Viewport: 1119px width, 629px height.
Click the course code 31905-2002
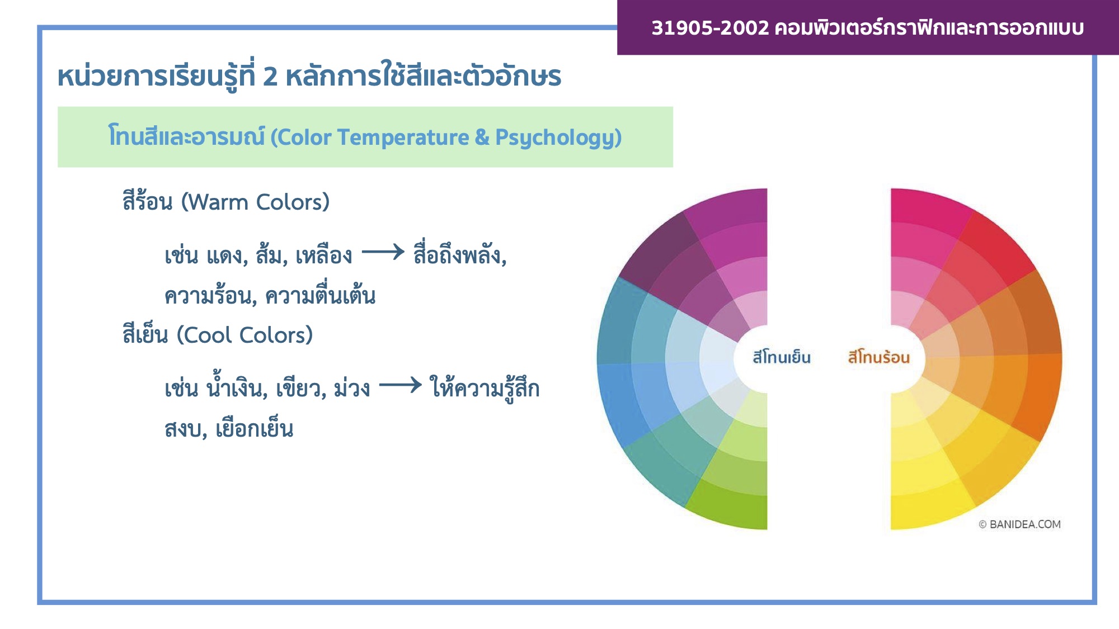710,27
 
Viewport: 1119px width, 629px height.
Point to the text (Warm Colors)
256,202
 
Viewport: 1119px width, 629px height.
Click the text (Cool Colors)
245,335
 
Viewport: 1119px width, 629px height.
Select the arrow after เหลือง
383,252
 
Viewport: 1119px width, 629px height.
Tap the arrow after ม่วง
401,385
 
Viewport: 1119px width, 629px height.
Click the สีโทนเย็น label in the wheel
782,357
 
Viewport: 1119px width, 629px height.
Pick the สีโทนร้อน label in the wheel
878,357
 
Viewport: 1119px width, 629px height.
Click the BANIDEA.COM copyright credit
1019,524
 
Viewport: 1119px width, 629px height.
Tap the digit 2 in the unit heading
270,77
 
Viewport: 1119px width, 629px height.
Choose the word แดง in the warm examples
227,256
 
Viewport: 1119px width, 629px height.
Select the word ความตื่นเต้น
320,295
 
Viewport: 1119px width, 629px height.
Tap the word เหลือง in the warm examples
324,256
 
